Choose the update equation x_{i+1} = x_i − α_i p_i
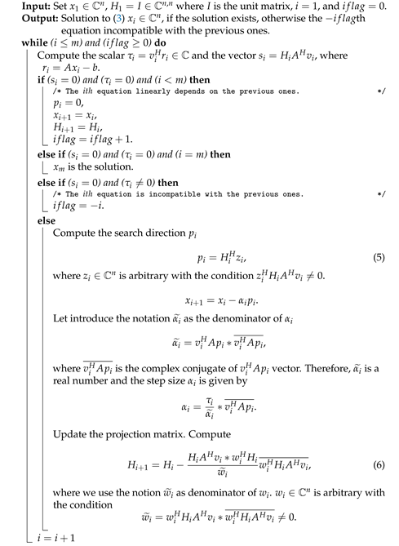pyautogui.click(x=208, y=300)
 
